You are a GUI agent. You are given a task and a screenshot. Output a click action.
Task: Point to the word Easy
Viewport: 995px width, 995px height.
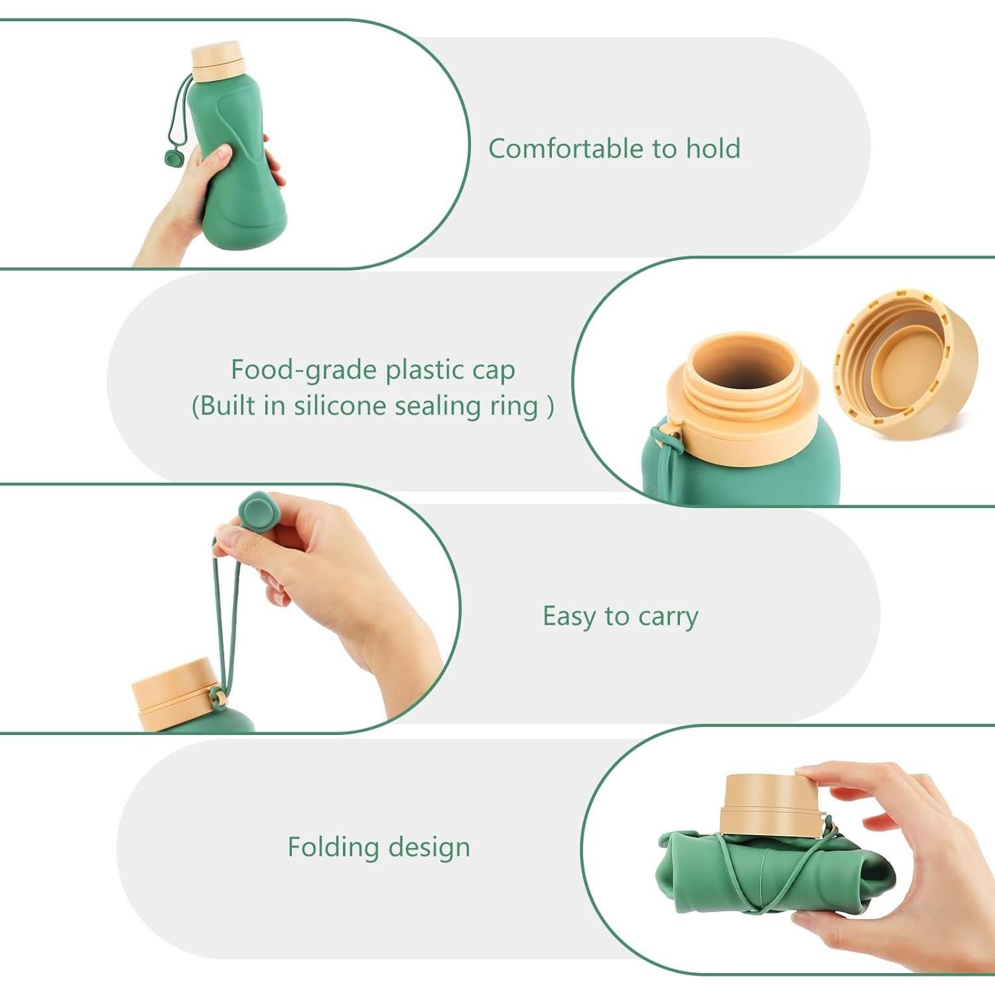click(x=568, y=616)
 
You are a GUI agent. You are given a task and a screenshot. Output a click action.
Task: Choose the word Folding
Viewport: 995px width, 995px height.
click(x=333, y=847)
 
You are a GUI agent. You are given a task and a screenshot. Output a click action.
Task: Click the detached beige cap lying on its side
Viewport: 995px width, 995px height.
click(x=905, y=362)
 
